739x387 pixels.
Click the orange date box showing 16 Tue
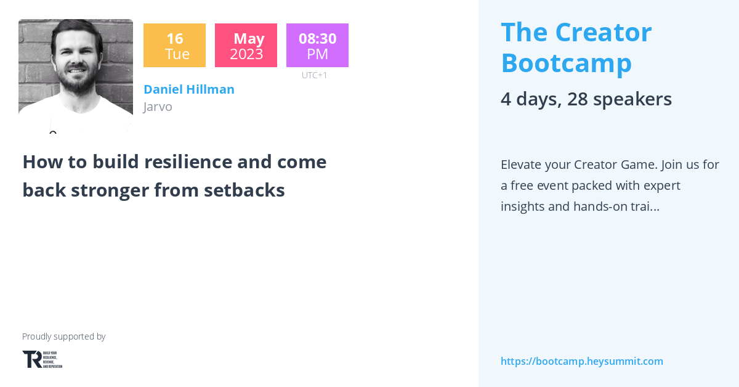174,46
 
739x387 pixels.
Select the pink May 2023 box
246,46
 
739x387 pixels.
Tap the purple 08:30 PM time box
317,46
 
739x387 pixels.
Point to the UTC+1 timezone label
315,75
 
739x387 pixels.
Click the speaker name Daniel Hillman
189,89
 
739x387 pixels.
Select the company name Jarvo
158,107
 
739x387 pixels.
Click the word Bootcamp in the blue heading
567,63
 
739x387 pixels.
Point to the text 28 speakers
620,99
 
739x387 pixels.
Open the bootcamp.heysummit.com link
582,361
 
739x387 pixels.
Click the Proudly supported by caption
64,336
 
